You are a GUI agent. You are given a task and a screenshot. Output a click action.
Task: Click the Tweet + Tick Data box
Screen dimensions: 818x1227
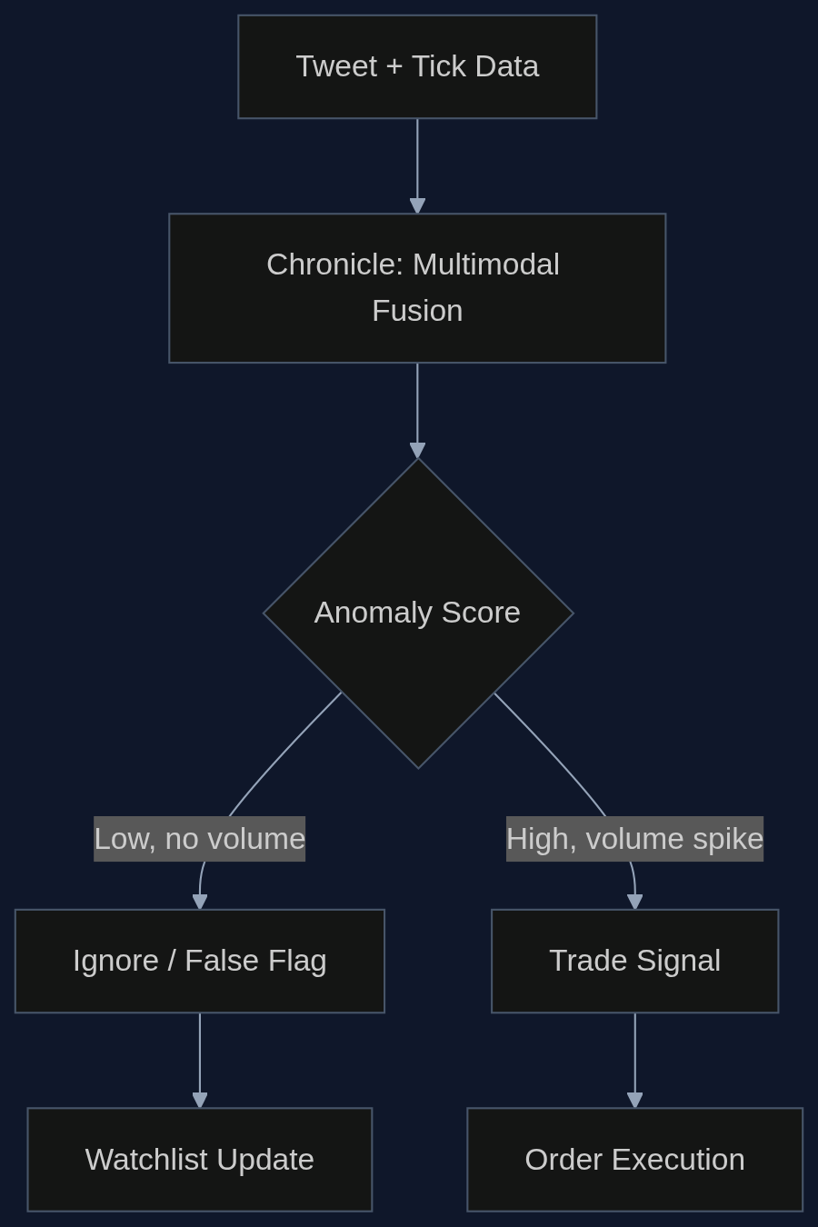coord(417,66)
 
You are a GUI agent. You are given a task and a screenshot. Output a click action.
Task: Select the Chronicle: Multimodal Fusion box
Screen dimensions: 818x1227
coord(417,287)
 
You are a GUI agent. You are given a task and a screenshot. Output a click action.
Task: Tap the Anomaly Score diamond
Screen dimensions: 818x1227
coord(418,613)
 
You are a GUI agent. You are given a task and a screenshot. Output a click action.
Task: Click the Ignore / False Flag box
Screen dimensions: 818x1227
coord(199,961)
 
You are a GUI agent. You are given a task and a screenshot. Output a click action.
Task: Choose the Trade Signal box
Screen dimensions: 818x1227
coord(634,961)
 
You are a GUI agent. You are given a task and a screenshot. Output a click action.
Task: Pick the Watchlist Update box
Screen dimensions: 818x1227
coord(199,1160)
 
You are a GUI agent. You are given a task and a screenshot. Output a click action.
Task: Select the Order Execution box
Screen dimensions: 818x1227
coord(634,1160)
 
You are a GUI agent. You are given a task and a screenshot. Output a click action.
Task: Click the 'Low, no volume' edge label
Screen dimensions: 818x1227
coord(199,839)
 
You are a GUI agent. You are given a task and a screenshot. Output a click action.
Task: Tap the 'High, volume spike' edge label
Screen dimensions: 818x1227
coord(634,839)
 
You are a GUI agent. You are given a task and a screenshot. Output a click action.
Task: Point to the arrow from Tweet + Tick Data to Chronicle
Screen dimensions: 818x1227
coord(417,166)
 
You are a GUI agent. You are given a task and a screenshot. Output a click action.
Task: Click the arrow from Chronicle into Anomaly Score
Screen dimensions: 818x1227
coord(417,410)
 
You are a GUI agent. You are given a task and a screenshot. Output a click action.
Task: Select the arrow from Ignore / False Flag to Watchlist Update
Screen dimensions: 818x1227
coord(200,1061)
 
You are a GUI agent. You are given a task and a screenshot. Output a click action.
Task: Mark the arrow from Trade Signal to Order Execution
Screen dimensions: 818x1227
coord(635,1061)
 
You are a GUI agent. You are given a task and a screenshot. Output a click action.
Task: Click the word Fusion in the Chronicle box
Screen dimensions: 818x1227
coord(417,311)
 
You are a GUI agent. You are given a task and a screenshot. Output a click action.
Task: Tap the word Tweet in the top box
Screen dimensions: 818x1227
coord(336,66)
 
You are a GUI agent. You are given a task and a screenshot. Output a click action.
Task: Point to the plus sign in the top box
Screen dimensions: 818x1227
coord(394,67)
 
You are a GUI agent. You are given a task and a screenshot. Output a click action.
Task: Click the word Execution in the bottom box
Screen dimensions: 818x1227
coord(678,1160)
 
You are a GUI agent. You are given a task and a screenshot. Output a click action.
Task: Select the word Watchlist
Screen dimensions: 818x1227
coord(147,1160)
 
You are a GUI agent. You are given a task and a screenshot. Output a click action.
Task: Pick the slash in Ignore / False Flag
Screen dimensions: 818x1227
coord(172,961)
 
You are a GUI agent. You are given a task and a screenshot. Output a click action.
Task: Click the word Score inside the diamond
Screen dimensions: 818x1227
coord(481,613)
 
